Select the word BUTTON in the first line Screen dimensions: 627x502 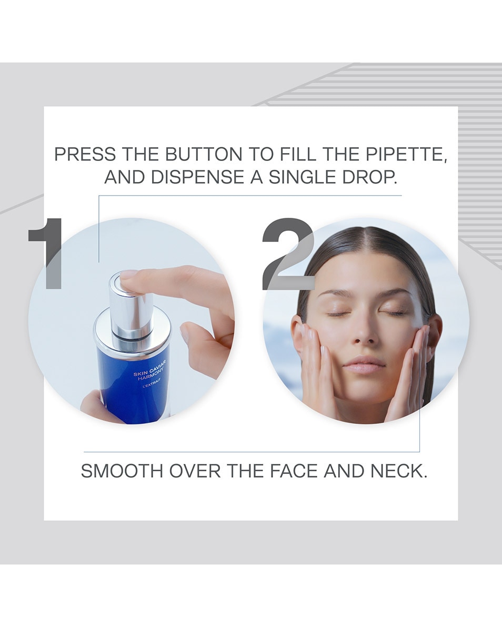coord(203,155)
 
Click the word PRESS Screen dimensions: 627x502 coord(85,155)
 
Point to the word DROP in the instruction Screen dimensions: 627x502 coord(369,177)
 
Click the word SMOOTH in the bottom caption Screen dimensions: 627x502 coord(121,471)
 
